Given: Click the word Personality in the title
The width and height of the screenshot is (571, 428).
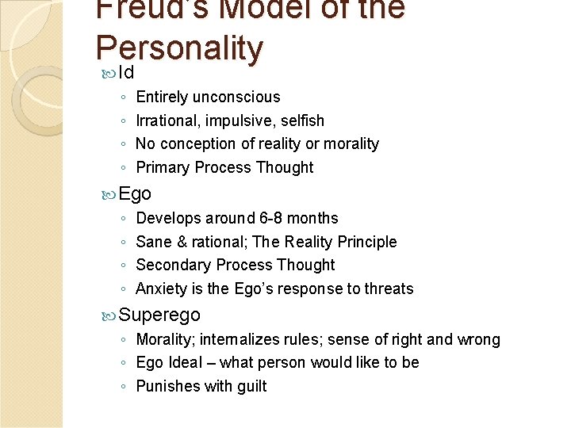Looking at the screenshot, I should coord(178,48).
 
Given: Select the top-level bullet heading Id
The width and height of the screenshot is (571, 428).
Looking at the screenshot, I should coord(126,73).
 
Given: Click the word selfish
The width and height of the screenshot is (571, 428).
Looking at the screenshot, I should coord(301,121).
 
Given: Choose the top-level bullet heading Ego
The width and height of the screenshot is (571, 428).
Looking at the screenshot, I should coord(135,193).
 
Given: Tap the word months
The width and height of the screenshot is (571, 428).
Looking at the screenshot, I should coord(315,219).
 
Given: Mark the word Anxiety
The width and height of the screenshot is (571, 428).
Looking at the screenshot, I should coord(162,289).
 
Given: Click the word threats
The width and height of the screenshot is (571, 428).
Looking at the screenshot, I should coord(389,289).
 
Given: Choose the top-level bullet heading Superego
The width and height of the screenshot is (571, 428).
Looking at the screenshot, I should coord(159,315).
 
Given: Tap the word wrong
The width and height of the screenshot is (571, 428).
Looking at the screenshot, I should coord(479,340).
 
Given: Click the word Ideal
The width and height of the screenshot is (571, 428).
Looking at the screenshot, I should coord(183,363).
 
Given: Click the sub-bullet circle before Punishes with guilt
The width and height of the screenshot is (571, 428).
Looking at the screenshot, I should coord(123,387).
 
